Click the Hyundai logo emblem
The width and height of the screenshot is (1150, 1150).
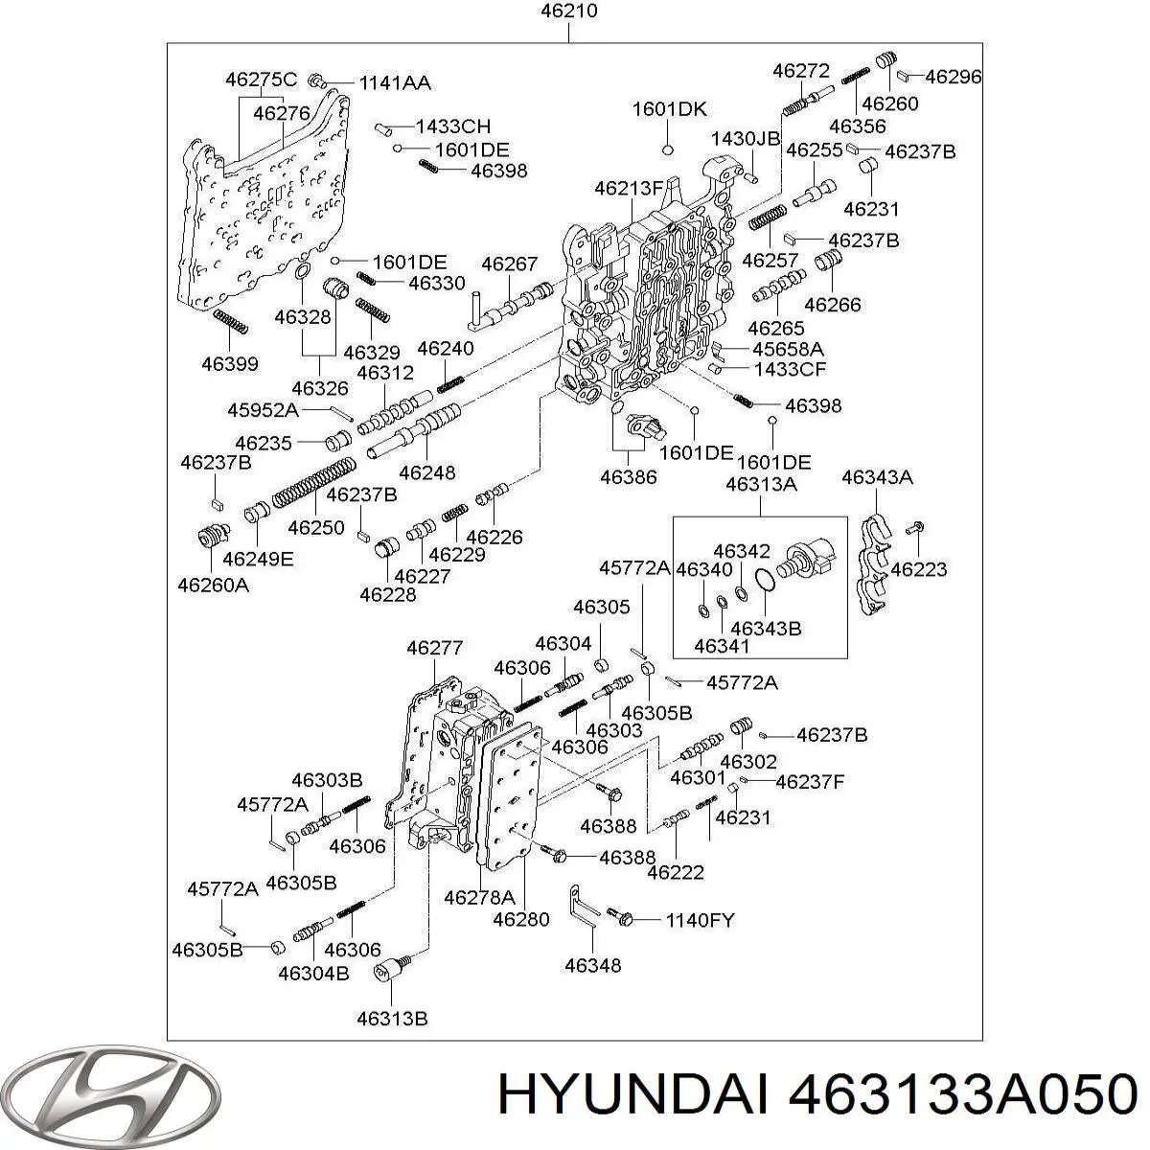click(110, 1097)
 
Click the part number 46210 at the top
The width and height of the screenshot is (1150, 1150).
click(568, 11)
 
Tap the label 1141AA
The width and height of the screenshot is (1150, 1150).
click(395, 83)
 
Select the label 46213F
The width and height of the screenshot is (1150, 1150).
click(629, 189)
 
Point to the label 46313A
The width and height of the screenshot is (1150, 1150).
click(761, 484)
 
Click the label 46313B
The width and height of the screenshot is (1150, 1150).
click(392, 1019)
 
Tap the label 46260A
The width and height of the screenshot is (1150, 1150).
click(213, 586)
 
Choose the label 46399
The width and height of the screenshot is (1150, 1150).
click(230, 363)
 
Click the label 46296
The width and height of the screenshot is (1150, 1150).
click(953, 77)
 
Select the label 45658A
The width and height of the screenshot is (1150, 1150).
click(788, 349)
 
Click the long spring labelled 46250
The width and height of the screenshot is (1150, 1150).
click(314, 482)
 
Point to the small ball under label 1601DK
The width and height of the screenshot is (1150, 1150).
click(668, 149)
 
